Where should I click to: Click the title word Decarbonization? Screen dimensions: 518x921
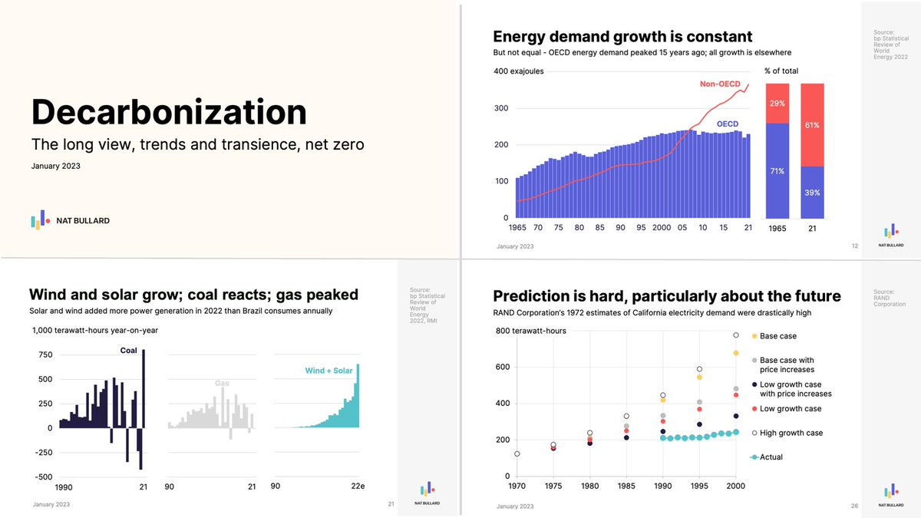click(169, 112)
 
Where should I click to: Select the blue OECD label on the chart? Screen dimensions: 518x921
click(727, 124)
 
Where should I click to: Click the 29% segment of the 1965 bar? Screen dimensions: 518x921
click(777, 103)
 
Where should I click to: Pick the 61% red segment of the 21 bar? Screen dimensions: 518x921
click(812, 124)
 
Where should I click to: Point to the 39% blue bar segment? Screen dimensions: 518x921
click(812, 192)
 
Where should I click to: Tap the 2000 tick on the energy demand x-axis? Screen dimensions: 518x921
click(661, 228)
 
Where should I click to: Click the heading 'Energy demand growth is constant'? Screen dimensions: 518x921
click(622, 36)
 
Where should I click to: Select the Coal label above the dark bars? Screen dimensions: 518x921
click(128, 351)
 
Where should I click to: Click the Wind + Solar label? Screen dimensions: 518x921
click(328, 371)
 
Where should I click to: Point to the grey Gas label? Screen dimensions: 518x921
click(222, 382)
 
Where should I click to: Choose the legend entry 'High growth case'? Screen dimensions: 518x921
click(791, 433)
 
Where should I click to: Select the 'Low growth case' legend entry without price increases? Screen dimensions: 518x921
click(791, 409)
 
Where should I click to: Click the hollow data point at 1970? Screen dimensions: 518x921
click(517, 454)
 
